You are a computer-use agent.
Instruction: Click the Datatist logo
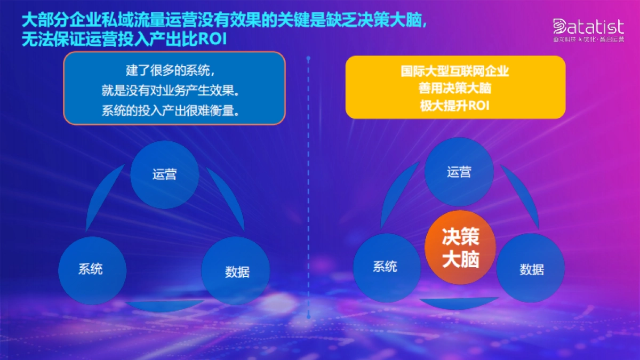coord(588,28)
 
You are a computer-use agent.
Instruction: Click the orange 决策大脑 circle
coord(460,249)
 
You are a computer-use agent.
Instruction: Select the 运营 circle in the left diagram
coord(165,174)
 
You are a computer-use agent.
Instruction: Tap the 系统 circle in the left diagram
coord(92,270)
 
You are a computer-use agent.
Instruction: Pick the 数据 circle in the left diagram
coord(236,271)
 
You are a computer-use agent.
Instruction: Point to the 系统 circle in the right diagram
coord(386,267)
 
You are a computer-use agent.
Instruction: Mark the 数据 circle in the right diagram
coord(531,269)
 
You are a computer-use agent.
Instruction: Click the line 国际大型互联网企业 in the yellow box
coord(455,71)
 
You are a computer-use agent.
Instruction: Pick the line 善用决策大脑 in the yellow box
coord(455,89)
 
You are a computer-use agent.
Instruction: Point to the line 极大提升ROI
coord(455,106)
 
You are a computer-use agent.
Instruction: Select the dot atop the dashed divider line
coord(308,57)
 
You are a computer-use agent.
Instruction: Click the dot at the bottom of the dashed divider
coord(308,317)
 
